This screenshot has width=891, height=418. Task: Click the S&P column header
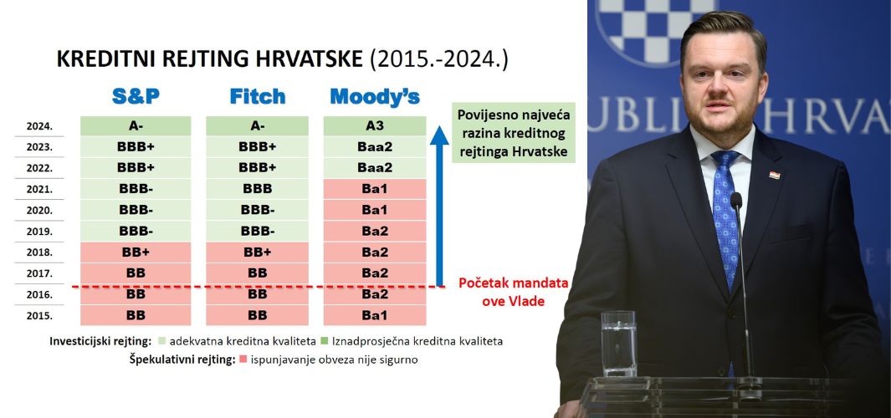coord(136,96)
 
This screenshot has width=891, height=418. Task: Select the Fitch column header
coord(258,96)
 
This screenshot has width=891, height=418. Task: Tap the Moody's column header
coord(375,96)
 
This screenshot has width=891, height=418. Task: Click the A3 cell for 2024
coord(375,126)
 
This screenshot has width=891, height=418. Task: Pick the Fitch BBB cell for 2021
coord(258,189)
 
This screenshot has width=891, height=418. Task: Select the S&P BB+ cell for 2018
coord(136,252)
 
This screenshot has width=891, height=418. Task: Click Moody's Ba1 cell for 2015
coord(375,315)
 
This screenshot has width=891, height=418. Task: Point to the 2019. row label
coord(39,232)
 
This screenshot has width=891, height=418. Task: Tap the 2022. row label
coord(39,169)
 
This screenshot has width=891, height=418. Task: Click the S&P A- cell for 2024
coord(136,126)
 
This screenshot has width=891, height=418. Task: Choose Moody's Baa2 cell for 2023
coord(375,147)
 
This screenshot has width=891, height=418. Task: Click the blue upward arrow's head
coord(439,135)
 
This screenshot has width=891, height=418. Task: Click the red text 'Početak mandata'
coord(514,283)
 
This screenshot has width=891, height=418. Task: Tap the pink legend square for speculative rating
coord(243,359)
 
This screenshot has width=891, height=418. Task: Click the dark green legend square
coord(325,341)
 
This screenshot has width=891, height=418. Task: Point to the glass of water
coord(618,344)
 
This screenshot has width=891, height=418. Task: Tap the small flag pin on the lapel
coord(775,175)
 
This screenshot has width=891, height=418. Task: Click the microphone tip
coord(736,200)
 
